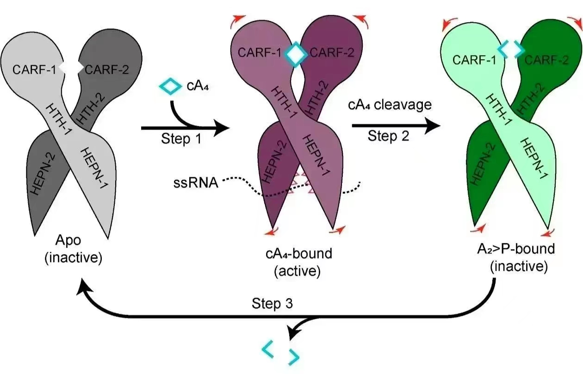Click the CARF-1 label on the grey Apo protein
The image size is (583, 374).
tap(34, 70)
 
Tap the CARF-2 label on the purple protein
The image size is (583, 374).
tap(332, 52)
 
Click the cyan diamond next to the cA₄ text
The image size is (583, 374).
tap(170, 86)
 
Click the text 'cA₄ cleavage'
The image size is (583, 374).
tap(390, 105)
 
